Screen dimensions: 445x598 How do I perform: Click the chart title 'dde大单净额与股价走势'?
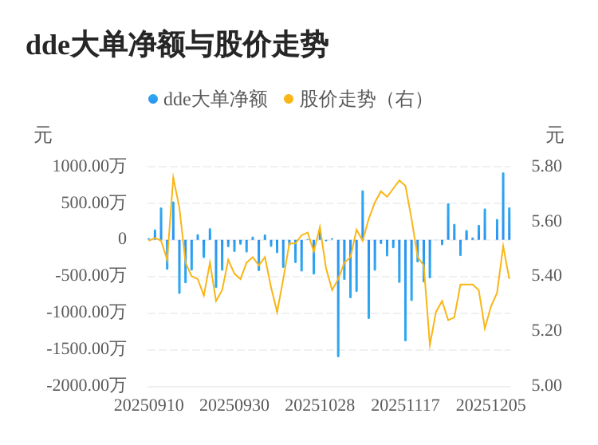point(176,45)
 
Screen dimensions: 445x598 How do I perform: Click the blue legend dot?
point(153,99)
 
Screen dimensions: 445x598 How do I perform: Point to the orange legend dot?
point(289,99)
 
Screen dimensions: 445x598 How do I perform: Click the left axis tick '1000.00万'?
point(89,166)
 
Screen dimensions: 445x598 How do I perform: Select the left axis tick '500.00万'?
point(93,203)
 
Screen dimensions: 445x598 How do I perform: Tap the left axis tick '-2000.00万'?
point(86,385)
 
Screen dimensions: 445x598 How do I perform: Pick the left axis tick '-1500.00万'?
point(86,349)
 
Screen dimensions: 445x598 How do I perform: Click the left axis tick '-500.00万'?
point(90,275)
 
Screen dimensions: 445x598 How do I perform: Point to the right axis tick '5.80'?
point(547,166)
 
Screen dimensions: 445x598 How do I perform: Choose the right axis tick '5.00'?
point(547,385)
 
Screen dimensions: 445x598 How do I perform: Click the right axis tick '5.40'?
point(547,275)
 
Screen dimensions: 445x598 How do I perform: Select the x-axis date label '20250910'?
point(149,405)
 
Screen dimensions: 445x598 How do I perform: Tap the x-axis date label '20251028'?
point(320,405)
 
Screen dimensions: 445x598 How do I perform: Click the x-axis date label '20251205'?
point(491,405)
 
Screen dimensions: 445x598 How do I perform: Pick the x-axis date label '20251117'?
point(405,405)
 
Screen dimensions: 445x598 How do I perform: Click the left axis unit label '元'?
point(43,136)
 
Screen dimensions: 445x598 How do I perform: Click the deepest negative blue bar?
point(338,298)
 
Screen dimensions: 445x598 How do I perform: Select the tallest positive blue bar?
point(503,206)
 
